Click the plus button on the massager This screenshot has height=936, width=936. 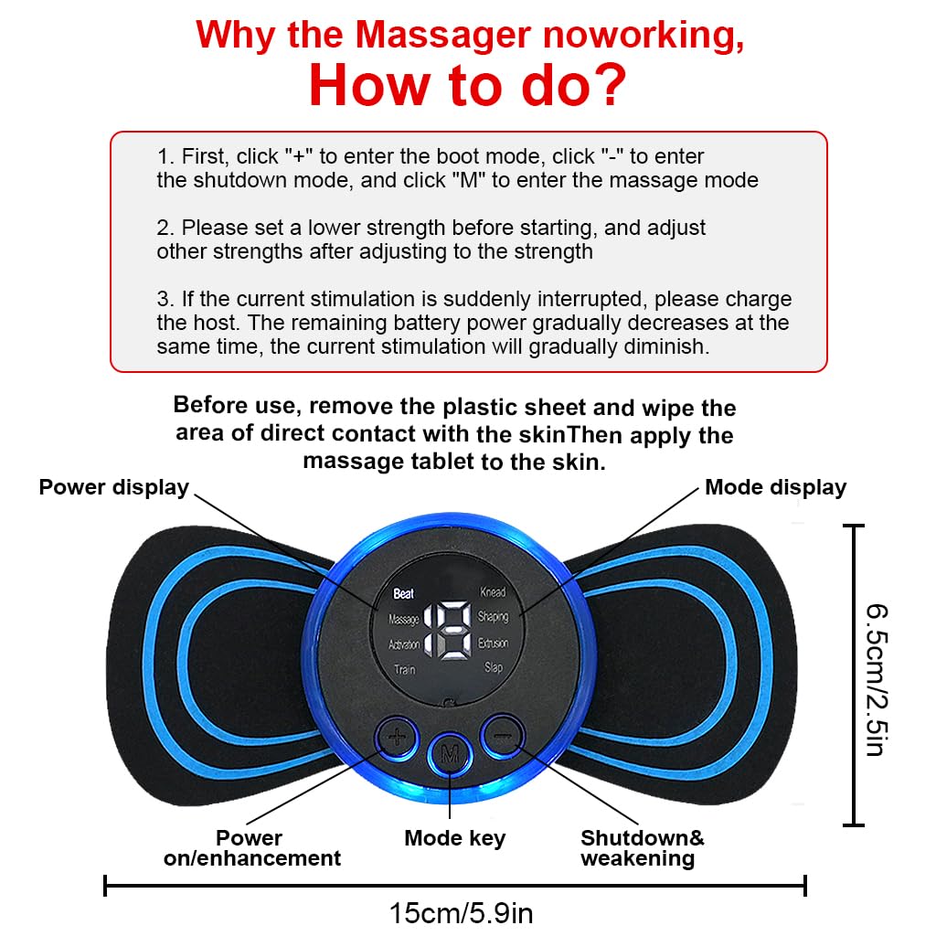click(x=395, y=736)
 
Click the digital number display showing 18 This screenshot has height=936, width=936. click(x=441, y=630)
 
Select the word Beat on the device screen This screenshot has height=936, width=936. click(x=403, y=593)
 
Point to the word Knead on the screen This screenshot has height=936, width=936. click(x=493, y=592)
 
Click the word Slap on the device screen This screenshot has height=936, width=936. click(x=494, y=668)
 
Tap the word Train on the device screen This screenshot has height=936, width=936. click(x=404, y=670)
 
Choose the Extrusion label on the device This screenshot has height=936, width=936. click(x=493, y=643)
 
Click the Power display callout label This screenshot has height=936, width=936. click(x=113, y=487)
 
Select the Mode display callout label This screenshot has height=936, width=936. click(x=775, y=487)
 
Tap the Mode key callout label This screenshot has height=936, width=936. click(x=454, y=837)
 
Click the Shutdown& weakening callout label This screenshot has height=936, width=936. click(x=642, y=847)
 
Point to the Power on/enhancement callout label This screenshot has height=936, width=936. click(x=251, y=847)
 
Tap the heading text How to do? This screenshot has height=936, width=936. click(x=467, y=84)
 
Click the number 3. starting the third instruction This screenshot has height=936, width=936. click(x=165, y=300)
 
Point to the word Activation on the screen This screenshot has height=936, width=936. click(x=404, y=644)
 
